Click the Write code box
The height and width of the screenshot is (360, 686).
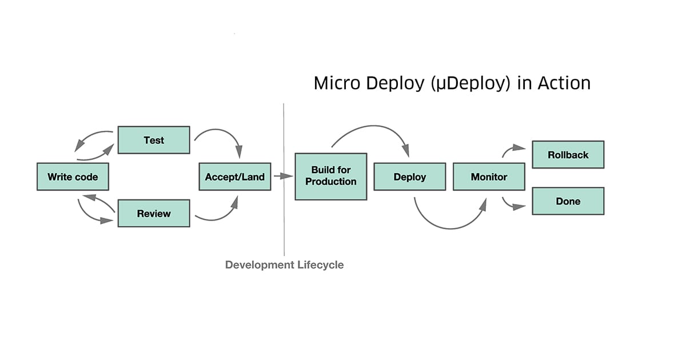pos(72,177)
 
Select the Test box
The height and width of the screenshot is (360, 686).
pos(154,140)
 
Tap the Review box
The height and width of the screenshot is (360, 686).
pos(154,213)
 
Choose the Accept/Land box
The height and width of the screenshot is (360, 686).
pos(234,177)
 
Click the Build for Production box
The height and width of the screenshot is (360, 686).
pos(330,176)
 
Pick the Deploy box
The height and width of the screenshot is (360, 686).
pos(409,177)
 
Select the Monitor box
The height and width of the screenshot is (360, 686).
pos(489,177)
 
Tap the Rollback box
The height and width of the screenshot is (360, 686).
pos(568,154)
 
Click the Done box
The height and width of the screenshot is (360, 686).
pos(568,201)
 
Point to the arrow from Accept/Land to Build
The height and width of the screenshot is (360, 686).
pos(283,177)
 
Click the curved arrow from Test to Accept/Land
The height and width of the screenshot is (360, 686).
pos(223,135)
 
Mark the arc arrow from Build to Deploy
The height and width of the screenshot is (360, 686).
pos(372,129)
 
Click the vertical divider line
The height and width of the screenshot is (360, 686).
pos(284,229)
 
